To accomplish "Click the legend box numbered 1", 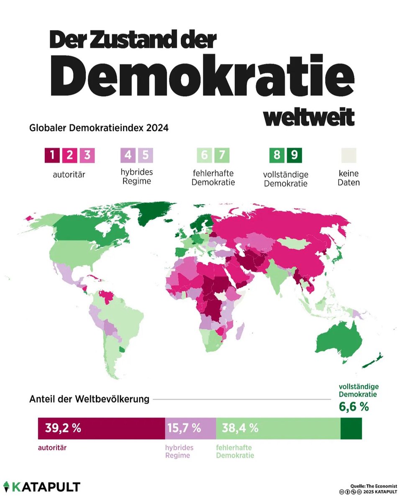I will [52, 156].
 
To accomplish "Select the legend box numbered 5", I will [145, 156].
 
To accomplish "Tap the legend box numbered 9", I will [295, 156].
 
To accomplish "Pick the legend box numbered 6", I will [205, 156].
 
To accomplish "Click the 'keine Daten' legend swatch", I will [348, 156].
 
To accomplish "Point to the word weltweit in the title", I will [309, 118].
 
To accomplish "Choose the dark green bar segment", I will [351, 428].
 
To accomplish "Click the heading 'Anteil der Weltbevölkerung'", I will [89, 399].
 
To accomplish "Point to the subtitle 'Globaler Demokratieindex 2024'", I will [99, 128].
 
